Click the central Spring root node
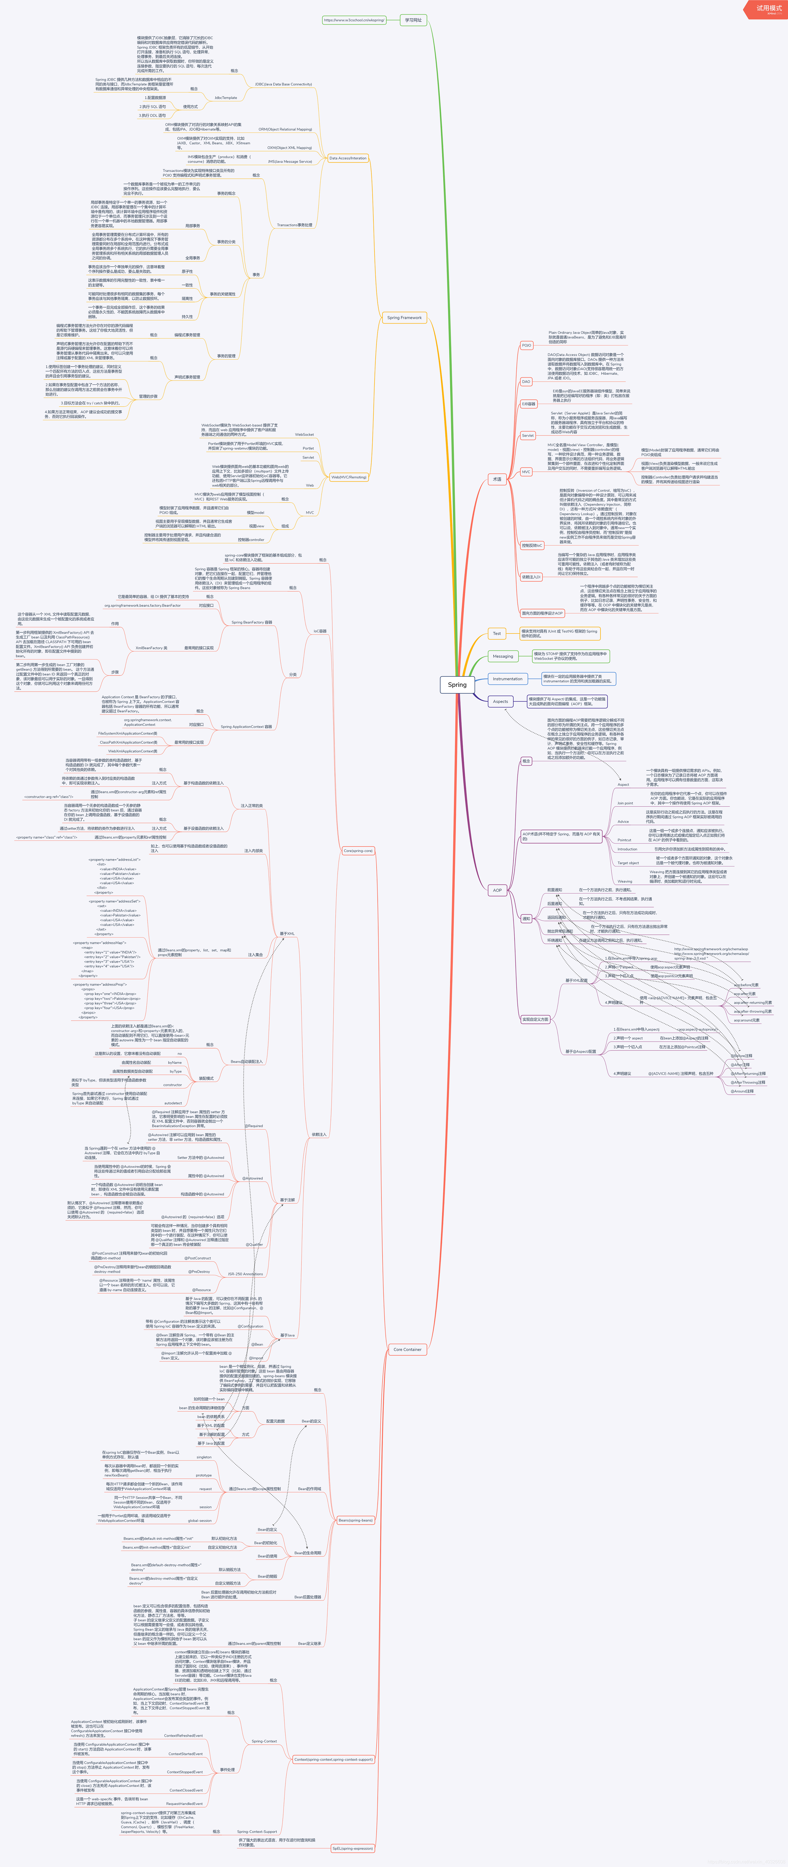[457, 684]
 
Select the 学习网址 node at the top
[413, 20]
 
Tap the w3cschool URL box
[354, 20]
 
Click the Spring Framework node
[404, 317]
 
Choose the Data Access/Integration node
[348, 158]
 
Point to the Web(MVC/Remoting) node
[349, 477]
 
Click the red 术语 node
[497, 479]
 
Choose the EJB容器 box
[529, 404]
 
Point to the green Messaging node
[502, 656]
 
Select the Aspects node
[500, 702]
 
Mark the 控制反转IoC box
[531, 545]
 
